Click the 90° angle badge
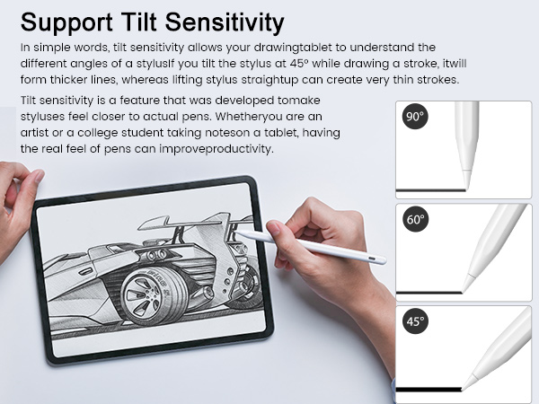coord(414,118)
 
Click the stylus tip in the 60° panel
coord(466,285)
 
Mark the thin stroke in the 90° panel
coord(431,190)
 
